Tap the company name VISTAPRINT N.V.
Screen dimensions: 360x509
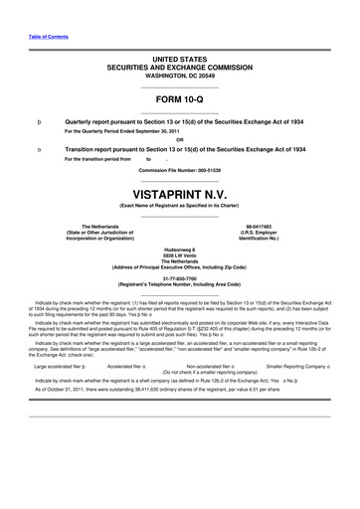click(x=179, y=188)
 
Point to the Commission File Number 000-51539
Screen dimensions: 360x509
click(x=179, y=170)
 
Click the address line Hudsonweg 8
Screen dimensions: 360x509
click(x=179, y=251)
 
